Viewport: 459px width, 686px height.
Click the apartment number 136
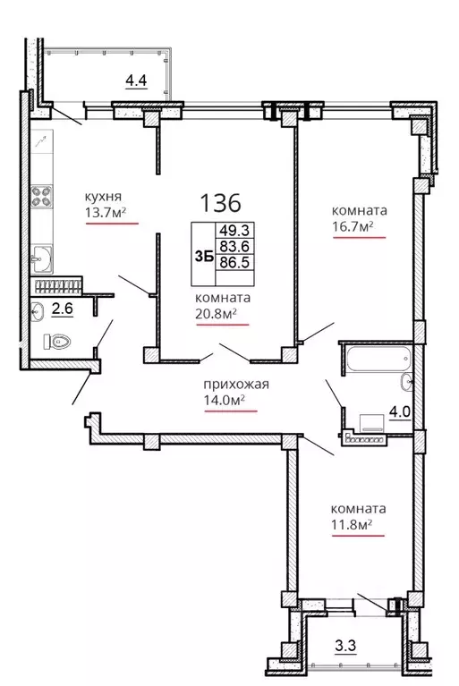220,202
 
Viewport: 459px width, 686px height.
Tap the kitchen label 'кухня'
103,197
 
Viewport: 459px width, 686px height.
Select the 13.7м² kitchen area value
106,212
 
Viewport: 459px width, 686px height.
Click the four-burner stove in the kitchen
42,196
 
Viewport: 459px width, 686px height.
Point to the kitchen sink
41,260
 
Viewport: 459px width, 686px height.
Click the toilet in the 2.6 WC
57,342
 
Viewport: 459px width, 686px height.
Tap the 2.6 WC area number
62,309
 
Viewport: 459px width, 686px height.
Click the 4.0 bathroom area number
399,411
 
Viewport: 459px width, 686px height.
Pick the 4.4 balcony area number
136,80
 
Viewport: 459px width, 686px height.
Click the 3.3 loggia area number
345,646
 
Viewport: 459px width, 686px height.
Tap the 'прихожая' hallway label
236,385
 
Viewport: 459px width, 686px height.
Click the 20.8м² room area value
217,314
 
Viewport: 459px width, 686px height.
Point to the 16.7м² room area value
353,226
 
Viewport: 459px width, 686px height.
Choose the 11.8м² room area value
352,524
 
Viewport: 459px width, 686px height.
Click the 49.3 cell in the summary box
234,230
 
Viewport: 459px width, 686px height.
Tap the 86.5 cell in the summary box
234,262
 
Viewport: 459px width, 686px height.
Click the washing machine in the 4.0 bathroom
372,423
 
